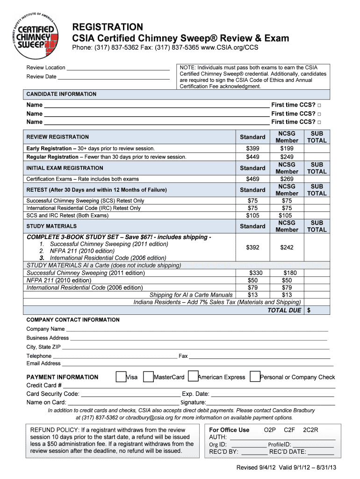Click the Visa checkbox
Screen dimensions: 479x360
point(121,377)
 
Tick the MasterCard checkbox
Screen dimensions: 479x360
point(148,377)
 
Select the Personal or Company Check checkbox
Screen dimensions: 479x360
point(255,377)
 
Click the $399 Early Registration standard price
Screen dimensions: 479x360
point(252,148)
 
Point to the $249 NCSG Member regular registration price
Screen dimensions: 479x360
point(287,157)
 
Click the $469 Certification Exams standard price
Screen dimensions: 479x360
point(252,179)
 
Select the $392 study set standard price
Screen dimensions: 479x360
point(252,247)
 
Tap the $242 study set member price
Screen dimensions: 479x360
point(287,247)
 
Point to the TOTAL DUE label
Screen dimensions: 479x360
point(284,310)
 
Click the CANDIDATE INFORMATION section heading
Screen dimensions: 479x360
point(61,94)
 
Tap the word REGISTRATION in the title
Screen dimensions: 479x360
point(107,27)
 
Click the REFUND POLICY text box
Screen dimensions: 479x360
point(112,440)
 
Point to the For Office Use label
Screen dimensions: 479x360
point(229,430)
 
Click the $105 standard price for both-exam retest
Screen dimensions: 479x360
point(252,215)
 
